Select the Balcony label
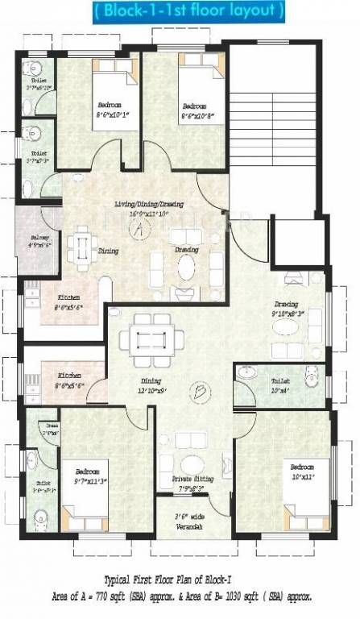click(39, 242)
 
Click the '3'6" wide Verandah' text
click(191, 521)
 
